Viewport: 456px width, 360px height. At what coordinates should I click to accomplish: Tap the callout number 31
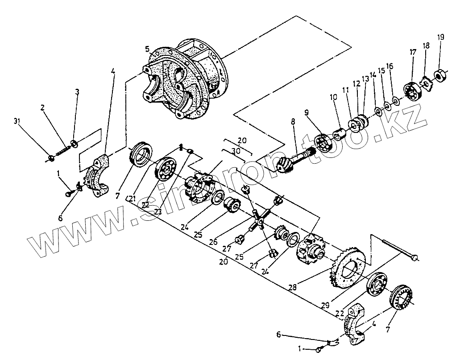pyautogui.click(x=17, y=121)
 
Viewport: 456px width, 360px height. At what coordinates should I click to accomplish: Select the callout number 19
pyautogui.click(x=441, y=37)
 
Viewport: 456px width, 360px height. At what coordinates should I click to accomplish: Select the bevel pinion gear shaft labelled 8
pyautogui.click(x=294, y=156)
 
